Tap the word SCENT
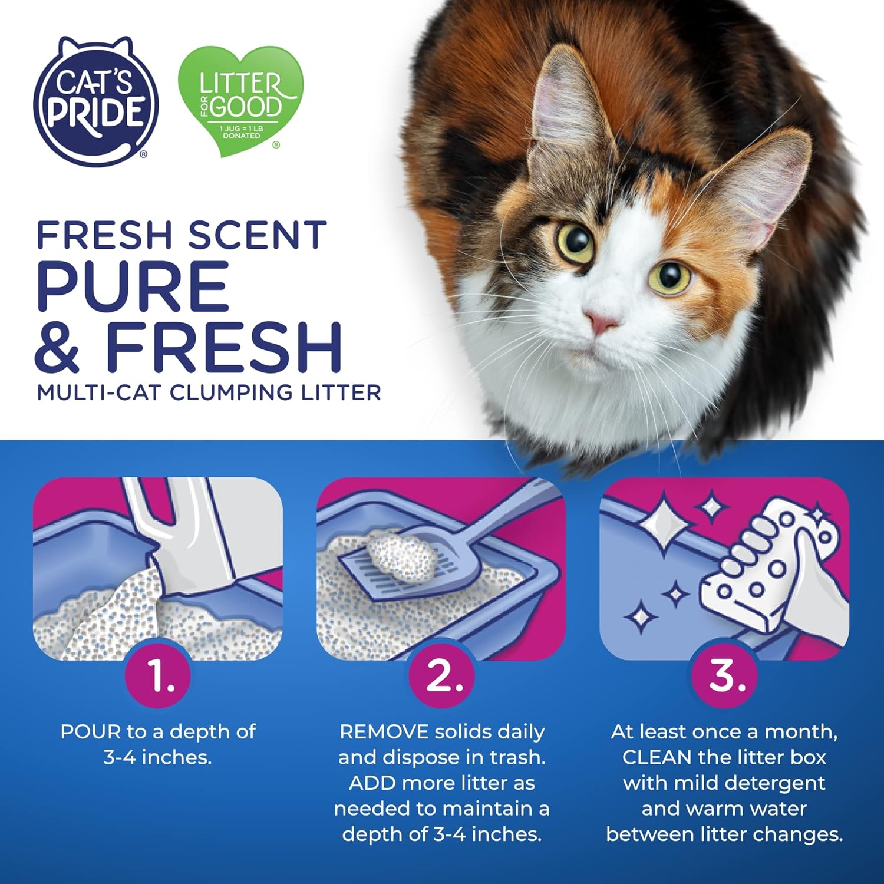257,235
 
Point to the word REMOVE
384,732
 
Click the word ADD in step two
372,783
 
